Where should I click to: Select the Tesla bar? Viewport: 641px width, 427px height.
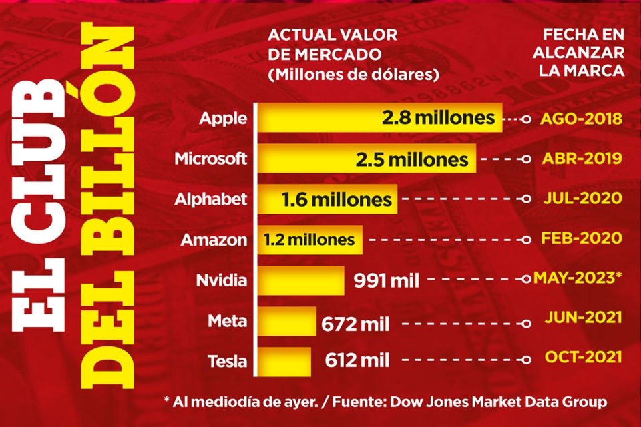[284, 361]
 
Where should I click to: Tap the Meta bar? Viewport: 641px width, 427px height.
[287, 321]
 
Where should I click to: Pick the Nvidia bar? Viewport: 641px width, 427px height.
[300, 278]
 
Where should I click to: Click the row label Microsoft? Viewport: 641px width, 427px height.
[210, 159]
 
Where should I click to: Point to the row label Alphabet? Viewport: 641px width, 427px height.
[211, 199]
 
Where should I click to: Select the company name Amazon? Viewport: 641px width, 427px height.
[214, 239]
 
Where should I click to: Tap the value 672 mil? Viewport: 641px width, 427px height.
[355, 325]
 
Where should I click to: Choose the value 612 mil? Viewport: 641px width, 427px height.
[357, 361]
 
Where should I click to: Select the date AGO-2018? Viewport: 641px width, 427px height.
[581, 119]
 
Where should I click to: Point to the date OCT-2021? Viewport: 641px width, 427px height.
[584, 357]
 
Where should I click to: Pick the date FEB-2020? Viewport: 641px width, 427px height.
[584, 238]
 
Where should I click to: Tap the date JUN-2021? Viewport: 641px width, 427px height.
[584, 318]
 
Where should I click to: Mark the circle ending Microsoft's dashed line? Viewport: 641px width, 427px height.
[527, 160]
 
